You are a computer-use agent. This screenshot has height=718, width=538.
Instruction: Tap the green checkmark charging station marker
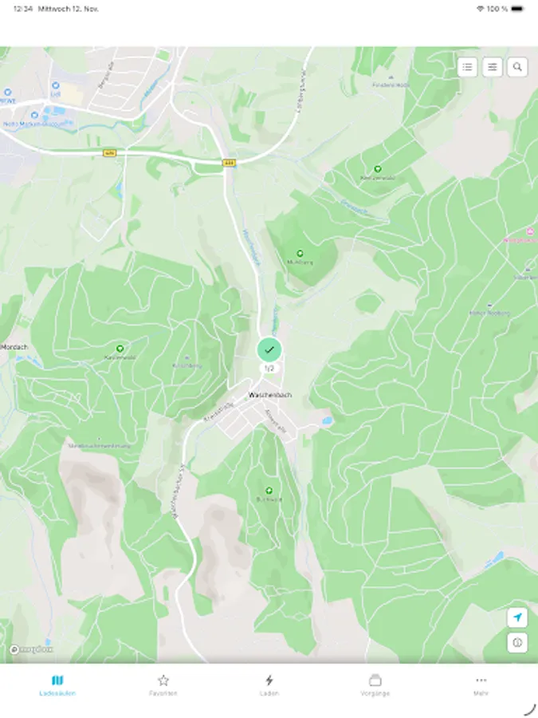click(269, 349)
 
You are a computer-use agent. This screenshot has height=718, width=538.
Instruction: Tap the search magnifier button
click(518, 67)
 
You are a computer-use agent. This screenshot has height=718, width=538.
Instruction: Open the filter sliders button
click(493, 67)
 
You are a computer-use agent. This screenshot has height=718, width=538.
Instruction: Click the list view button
click(468, 67)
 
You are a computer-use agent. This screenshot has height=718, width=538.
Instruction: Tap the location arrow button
click(517, 617)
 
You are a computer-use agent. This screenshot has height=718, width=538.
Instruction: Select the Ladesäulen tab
click(57, 684)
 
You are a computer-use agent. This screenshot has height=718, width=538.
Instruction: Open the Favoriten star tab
click(163, 684)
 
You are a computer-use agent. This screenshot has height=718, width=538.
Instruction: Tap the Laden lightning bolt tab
click(269, 684)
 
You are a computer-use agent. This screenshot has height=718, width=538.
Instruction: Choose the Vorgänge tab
click(375, 684)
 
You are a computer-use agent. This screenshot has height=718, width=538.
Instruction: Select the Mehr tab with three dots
click(481, 684)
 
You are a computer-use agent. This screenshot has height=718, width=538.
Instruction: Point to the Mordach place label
click(14, 347)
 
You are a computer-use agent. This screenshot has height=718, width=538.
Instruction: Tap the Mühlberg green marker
click(300, 254)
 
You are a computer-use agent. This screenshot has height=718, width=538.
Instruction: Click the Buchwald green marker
click(269, 491)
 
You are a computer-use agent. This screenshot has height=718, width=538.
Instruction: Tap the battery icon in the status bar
click(518, 8)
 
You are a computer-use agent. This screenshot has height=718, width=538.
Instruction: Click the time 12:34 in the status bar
click(23, 8)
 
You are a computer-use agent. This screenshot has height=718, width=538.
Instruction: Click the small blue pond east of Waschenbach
click(326, 420)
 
